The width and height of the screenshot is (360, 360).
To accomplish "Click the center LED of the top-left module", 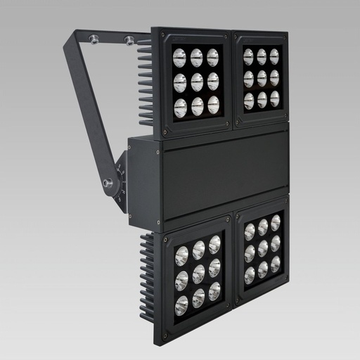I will coord(197,82).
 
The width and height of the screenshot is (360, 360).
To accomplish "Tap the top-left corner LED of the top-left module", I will coord(180,57).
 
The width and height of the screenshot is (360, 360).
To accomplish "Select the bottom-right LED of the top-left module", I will coord(214,106).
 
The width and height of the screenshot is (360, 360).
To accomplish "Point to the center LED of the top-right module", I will coord(262,78).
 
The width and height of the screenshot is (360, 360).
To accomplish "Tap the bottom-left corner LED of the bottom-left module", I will coord(181,305).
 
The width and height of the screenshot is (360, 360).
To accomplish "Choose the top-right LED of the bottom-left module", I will coord(214,244).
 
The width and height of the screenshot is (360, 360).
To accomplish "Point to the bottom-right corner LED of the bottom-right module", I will coord(276,264).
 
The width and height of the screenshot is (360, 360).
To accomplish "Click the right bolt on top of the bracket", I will coord(129,39).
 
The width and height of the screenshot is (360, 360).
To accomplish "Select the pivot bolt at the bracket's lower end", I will coord(108,184).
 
